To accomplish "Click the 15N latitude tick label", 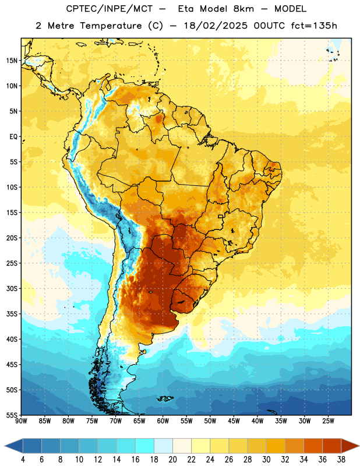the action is [x=12, y=61].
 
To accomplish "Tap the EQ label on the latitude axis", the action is [x=13, y=137].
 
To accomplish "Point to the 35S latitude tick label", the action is [x=12, y=314].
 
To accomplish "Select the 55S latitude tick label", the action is [x=12, y=415].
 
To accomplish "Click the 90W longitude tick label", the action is [x=21, y=421].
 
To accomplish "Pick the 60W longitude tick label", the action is [x=163, y=421].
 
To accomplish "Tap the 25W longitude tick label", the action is [x=328, y=421].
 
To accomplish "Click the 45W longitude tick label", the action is [x=234, y=421].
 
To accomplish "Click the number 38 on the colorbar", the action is [x=341, y=460].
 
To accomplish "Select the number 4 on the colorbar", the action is [x=23, y=460].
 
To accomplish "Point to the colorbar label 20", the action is [x=172, y=460].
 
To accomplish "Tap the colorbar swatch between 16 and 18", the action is [x=144, y=446].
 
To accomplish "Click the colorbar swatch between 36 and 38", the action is [x=332, y=446].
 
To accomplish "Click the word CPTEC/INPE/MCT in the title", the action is [x=110, y=9].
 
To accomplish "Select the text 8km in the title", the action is [x=243, y=9].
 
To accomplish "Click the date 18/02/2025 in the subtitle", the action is [x=216, y=26].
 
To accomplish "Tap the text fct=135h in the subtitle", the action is [x=314, y=26].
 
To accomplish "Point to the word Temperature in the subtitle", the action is [x=111, y=26].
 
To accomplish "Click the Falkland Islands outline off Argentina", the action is [x=165, y=398].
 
